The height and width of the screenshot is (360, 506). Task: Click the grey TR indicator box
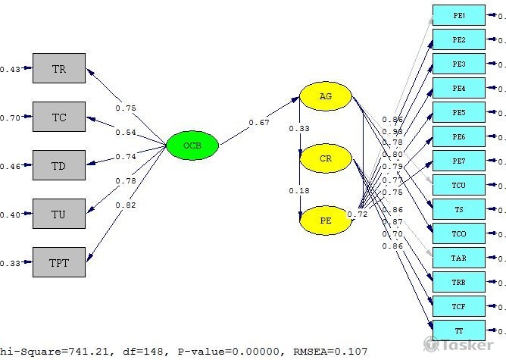(x=59, y=69)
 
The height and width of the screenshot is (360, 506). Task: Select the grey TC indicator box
(x=59, y=117)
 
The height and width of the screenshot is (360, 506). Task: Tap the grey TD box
(x=59, y=165)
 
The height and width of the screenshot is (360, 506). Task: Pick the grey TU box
(x=59, y=214)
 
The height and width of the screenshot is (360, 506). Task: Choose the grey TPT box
(x=59, y=262)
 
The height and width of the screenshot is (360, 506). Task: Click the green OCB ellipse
(x=192, y=146)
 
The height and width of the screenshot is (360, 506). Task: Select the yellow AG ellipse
(x=326, y=96)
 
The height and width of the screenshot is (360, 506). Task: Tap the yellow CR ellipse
(x=326, y=158)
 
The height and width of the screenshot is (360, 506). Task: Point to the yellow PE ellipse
(x=326, y=221)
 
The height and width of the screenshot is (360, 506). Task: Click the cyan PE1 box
(x=459, y=16)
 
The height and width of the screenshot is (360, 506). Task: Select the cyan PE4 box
(x=459, y=89)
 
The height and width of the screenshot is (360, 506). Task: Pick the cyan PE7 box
(x=459, y=161)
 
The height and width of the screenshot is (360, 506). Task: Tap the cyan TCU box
(x=459, y=186)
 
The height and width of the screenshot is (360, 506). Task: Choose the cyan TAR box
(x=459, y=258)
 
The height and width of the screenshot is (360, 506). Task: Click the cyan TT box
(x=459, y=331)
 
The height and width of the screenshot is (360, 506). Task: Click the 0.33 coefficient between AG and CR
(x=299, y=129)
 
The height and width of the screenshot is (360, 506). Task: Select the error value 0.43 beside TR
(x=10, y=70)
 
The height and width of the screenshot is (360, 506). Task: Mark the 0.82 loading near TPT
(x=126, y=205)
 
